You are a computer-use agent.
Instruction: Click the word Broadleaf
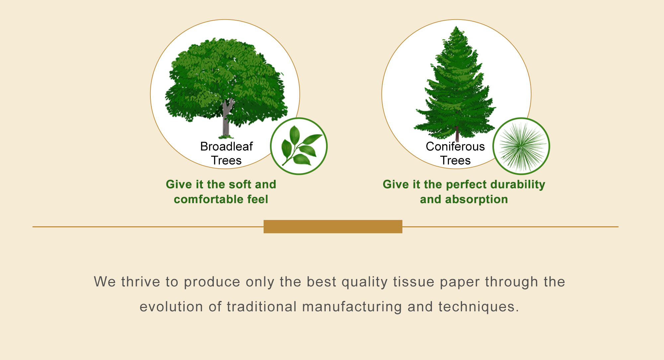click(226, 146)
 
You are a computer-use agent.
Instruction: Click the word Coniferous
click(455, 146)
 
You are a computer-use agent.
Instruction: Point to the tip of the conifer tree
click(457, 27)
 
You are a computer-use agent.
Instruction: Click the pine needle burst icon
click(521, 146)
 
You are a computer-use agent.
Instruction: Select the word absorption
click(476, 199)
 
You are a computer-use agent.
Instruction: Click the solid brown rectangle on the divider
click(333, 227)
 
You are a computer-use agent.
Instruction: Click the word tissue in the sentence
click(414, 282)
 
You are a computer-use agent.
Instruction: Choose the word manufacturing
click(352, 307)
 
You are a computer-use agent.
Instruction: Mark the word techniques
click(478, 307)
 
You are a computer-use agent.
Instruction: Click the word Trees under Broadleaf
click(226, 161)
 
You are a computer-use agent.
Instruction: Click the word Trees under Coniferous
click(456, 161)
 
